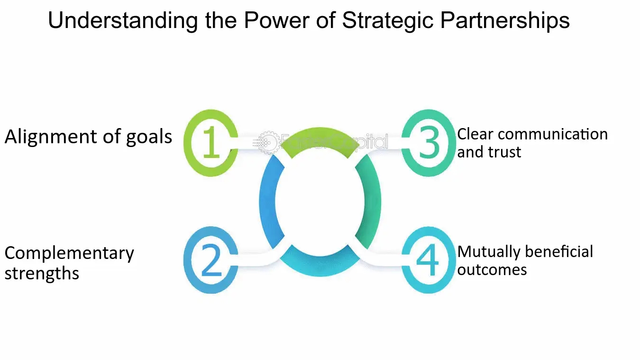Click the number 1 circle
[x=210, y=143]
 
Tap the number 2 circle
[x=210, y=260]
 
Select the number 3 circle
[x=429, y=143]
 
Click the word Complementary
[x=69, y=253]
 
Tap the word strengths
[x=42, y=274]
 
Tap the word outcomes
[x=492, y=270]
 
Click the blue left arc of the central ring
[x=268, y=202]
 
